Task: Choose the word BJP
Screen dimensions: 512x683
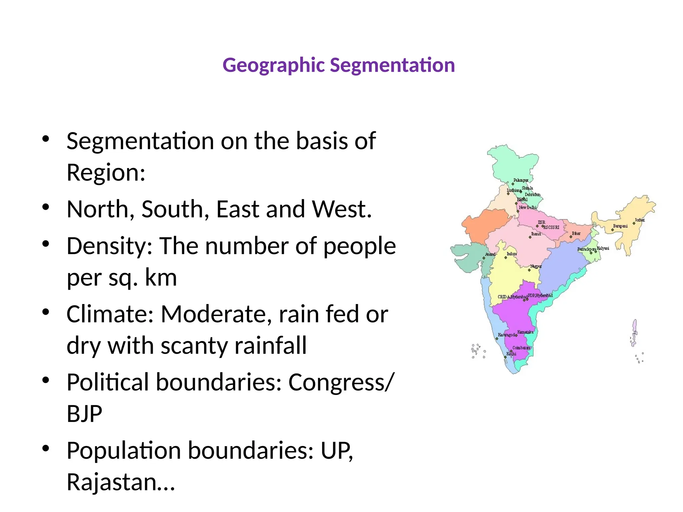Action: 84,414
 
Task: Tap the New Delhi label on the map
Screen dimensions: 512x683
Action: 528,207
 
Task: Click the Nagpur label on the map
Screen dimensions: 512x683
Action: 536,266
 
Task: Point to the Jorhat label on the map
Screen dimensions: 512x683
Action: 640,220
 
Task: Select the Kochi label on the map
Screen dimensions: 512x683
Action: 511,354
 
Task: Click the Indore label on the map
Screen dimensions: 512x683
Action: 512,254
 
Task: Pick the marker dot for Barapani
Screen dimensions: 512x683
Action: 612,230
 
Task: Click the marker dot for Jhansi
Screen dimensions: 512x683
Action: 530,237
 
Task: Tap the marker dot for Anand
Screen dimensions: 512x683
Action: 484,258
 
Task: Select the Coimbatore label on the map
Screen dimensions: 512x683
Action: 521,348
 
